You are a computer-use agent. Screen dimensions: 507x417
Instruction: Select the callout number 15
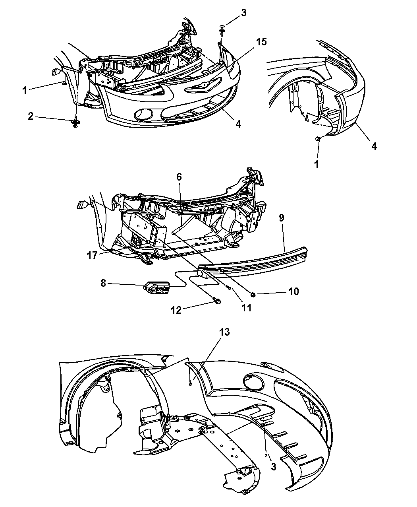click(x=261, y=42)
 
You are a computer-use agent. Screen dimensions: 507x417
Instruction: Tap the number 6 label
click(x=180, y=177)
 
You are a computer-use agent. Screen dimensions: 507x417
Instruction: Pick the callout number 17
click(x=92, y=255)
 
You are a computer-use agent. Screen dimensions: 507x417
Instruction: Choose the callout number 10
click(x=293, y=291)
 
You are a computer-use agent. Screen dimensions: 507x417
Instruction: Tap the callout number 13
click(x=224, y=332)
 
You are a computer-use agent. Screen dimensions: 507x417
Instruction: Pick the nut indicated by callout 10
click(x=253, y=294)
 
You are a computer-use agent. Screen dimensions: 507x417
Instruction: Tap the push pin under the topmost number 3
click(x=222, y=29)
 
